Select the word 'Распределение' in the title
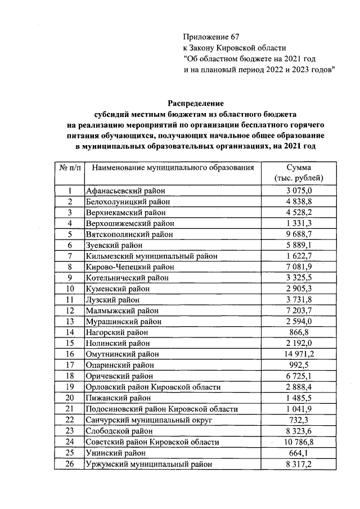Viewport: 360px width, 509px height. coord(196,103)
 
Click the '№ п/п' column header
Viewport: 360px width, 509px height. coord(70,168)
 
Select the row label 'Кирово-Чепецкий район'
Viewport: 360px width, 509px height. coord(126,267)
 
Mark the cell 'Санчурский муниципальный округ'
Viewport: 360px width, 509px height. coord(141,419)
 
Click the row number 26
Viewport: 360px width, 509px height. coord(70,463)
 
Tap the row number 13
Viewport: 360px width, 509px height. coord(70,321)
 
